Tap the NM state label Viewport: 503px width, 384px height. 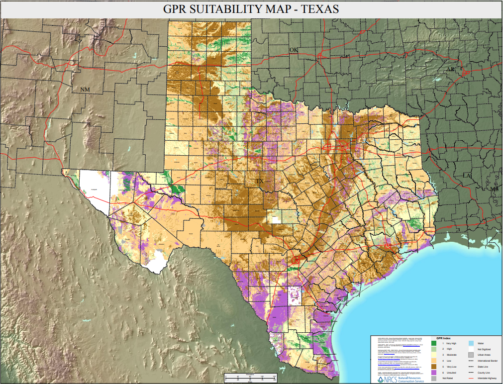[85, 89]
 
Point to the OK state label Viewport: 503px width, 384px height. [294, 50]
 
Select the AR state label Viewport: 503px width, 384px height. [450, 69]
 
